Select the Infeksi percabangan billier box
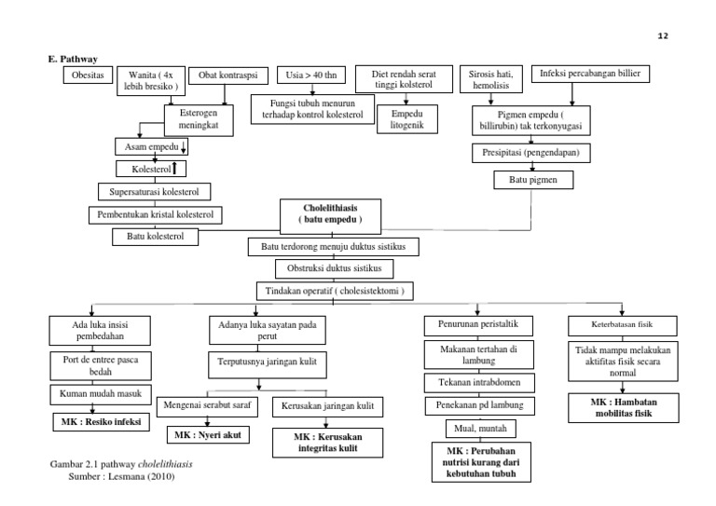590,74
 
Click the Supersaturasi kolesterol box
154,192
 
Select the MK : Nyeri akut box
207,435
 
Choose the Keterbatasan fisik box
614,326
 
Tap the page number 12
663,34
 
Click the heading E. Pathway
74,57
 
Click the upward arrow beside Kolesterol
174,168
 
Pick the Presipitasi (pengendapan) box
530,153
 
